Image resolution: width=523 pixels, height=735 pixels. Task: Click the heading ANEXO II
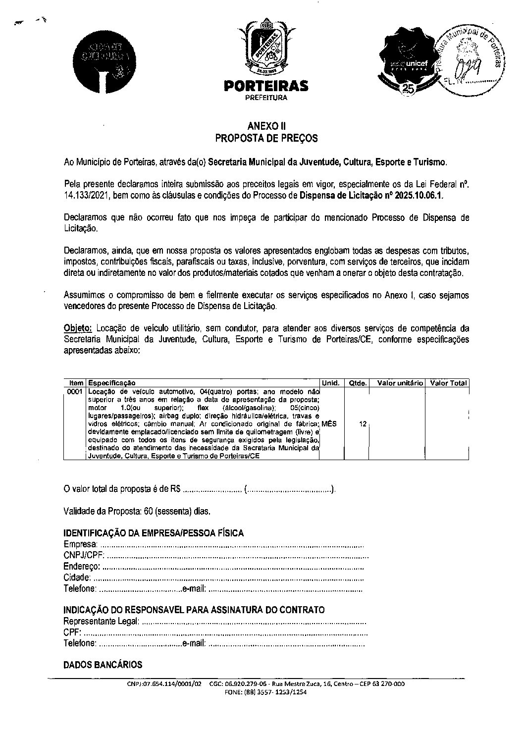266,127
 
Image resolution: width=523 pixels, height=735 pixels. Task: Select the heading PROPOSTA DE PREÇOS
266,139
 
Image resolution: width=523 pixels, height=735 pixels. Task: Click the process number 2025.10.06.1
419,195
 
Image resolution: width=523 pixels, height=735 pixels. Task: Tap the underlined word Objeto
78,328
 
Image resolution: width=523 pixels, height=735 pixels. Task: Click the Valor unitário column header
400,383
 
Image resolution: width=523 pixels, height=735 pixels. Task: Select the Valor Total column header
448,383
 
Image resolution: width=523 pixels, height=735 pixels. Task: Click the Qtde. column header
358,383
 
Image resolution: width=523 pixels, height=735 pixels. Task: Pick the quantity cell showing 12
363,424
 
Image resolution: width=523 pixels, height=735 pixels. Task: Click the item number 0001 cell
75,391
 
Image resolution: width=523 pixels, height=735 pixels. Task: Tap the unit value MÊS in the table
329,424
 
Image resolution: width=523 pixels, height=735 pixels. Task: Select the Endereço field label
82,567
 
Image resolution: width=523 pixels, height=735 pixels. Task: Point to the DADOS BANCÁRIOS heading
103,665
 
